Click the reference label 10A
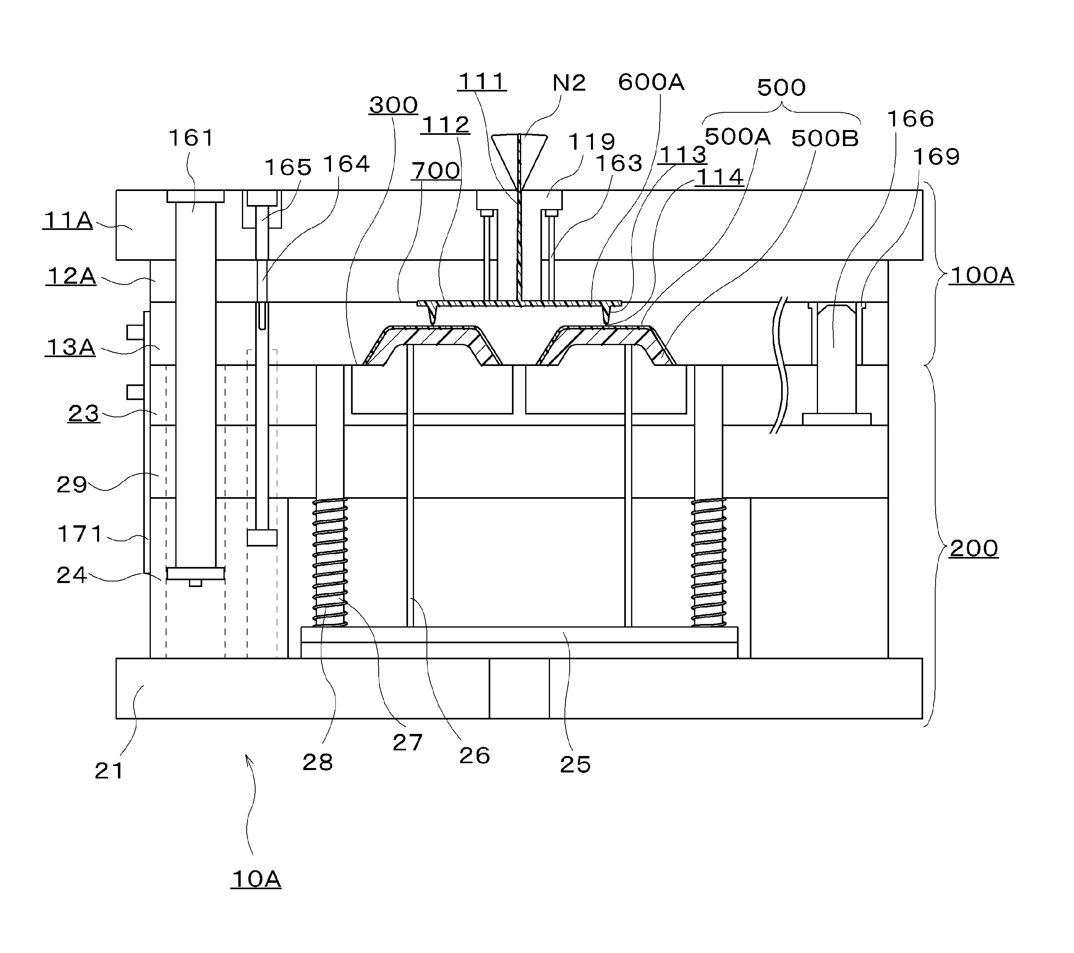click(256, 879)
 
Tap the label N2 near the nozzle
click(569, 83)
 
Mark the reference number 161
click(191, 138)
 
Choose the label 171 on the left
click(80, 534)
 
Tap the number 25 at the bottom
click(575, 765)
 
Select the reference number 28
click(317, 762)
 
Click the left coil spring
click(330, 563)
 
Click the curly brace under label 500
click(782, 112)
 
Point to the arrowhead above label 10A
click(248, 758)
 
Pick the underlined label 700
click(436, 171)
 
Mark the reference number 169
click(936, 156)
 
